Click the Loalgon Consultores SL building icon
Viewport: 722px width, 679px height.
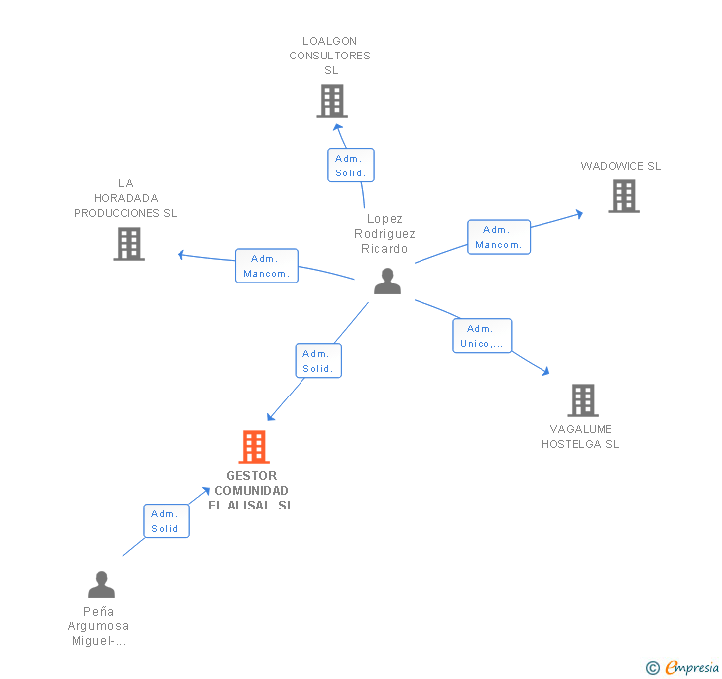(x=332, y=101)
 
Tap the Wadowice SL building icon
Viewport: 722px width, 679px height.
(x=624, y=196)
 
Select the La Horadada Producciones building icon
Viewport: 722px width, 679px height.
(x=129, y=244)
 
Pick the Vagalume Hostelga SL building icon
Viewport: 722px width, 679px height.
(x=583, y=400)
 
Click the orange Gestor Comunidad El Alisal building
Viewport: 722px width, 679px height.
(x=254, y=447)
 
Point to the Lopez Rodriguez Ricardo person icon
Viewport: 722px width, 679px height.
(x=387, y=282)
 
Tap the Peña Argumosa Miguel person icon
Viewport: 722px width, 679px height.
(x=101, y=585)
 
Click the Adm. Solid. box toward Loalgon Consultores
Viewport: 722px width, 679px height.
(x=351, y=166)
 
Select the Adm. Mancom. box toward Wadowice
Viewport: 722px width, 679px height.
(x=499, y=237)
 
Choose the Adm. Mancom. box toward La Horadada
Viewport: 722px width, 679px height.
(x=267, y=266)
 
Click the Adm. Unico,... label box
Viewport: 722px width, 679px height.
(x=483, y=336)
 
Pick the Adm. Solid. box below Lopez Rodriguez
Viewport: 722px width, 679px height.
(x=318, y=361)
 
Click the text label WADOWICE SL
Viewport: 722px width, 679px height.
(x=621, y=166)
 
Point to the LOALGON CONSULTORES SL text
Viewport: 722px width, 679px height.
(x=330, y=56)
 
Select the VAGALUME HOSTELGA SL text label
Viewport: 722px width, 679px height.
(x=580, y=437)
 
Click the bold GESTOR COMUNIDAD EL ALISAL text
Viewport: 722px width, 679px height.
(x=251, y=491)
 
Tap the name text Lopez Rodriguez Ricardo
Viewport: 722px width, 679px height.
(x=385, y=234)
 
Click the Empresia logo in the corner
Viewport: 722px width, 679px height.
(x=682, y=668)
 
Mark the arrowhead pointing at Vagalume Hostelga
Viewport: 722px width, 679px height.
(x=545, y=372)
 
